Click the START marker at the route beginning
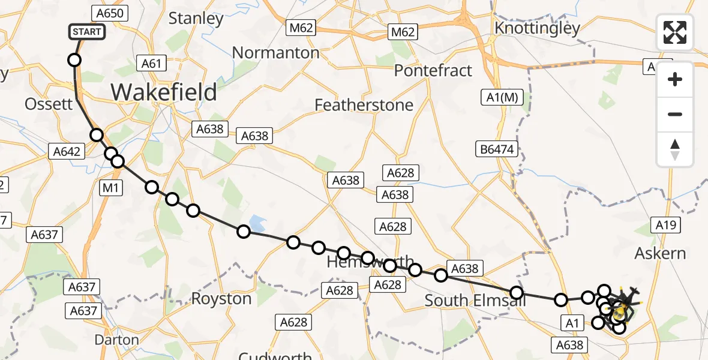88,31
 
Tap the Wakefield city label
164,92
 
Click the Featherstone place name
364,105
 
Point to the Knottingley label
537,28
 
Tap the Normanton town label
275,53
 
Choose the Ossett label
49,104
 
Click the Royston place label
221,299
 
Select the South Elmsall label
475,301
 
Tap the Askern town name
660,253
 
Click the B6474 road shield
497,149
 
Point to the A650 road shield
109,13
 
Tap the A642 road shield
65,152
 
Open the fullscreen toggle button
675,32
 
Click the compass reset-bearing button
675,149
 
